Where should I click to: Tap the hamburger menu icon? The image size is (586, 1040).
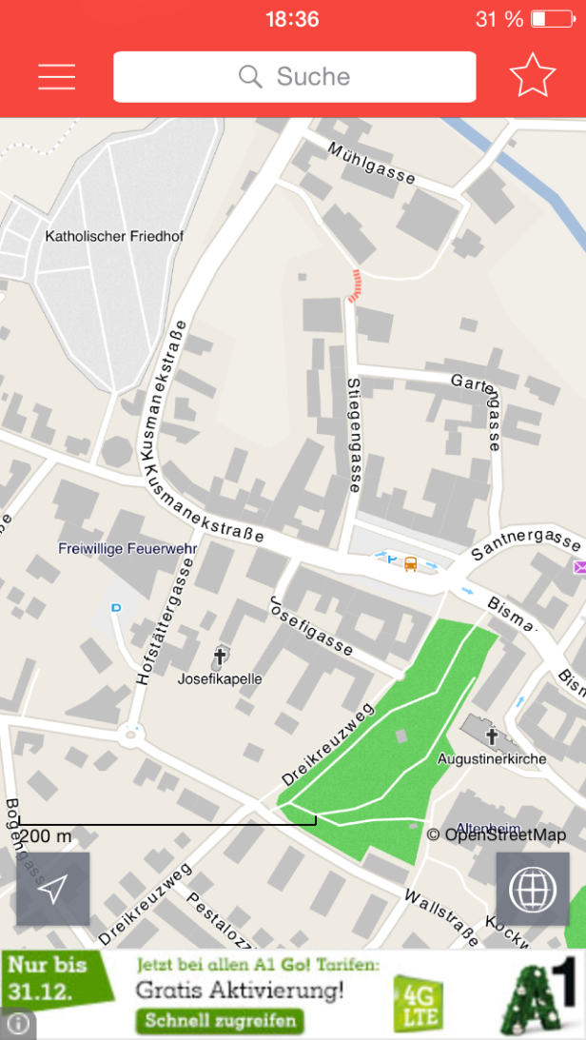click(56, 77)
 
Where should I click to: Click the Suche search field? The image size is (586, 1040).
click(294, 77)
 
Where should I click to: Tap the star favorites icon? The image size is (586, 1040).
click(532, 76)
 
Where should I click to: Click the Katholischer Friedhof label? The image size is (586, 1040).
click(114, 236)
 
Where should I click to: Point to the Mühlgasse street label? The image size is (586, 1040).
click(372, 164)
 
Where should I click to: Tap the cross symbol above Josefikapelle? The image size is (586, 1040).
click(220, 657)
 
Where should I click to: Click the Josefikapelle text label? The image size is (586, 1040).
click(220, 679)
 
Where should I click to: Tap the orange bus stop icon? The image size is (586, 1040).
click(410, 563)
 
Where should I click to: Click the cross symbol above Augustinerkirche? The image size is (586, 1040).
click(492, 736)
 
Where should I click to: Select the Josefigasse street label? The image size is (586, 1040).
click(311, 625)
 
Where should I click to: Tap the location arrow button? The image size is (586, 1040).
click(53, 889)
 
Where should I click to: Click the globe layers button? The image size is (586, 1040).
click(532, 889)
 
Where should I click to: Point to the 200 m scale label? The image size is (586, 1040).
click(45, 836)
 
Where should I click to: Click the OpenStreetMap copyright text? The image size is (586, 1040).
click(496, 835)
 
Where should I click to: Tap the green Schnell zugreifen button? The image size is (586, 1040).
click(221, 1022)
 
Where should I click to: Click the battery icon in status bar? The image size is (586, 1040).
click(553, 19)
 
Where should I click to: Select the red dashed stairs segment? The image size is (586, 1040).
click(356, 285)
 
